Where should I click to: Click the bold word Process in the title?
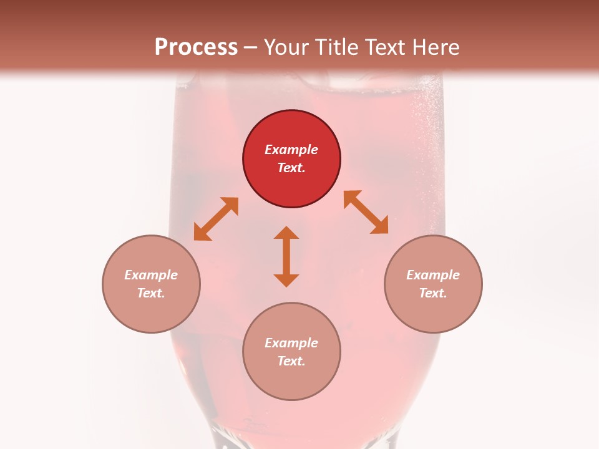click(196, 47)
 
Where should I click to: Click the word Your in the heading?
click(286, 47)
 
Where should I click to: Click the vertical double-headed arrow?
click(286, 256)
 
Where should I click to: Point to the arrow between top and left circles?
click(216, 219)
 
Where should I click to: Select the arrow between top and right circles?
click(366, 212)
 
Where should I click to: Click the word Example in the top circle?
click(291, 150)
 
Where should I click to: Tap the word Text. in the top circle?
click(291, 168)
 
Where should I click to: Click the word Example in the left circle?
click(151, 275)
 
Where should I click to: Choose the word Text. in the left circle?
click(151, 293)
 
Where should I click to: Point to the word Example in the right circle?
click(433, 275)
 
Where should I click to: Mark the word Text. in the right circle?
click(433, 293)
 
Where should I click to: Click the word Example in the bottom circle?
click(291, 343)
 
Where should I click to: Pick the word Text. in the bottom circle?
click(291, 361)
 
